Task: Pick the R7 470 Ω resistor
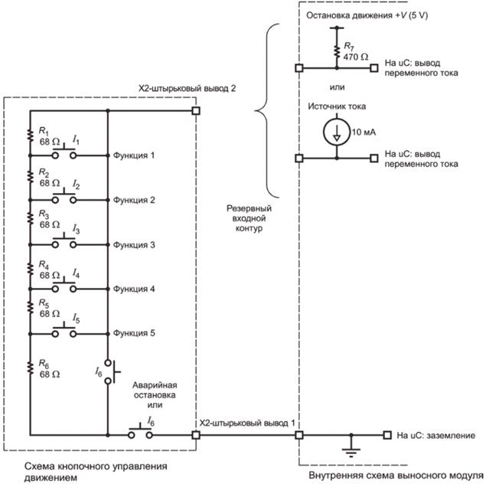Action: pos(337,51)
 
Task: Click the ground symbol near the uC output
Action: pos(351,446)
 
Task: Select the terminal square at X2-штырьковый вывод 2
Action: pos(196,110)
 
